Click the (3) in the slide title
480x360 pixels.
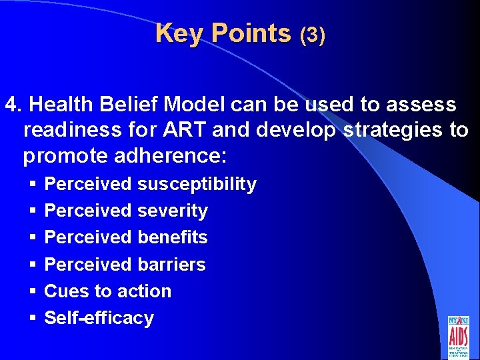click(x=312, y=35)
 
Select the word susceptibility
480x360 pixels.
click(x=197, y=185)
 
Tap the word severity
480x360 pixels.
click(x=173, y=211)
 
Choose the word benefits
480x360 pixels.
click(x=173, y=237)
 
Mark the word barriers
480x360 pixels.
click(x=171, y=265)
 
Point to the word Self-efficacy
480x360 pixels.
click(x=99, y=318)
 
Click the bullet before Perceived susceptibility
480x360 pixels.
click(x=31, y=185)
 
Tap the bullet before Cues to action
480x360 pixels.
click(x=31, y=292)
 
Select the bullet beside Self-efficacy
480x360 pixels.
click(x=31, y=319)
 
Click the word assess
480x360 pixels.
click(x=424, y=105)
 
